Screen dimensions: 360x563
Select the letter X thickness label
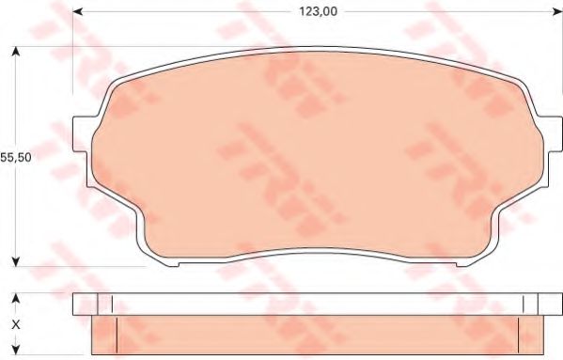pyautogui.click(x=14, y=324)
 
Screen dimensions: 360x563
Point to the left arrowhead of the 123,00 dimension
pyautogui.click(x=79, y=11)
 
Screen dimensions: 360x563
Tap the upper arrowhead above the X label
pyautogui.click(x=14, y=298)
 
